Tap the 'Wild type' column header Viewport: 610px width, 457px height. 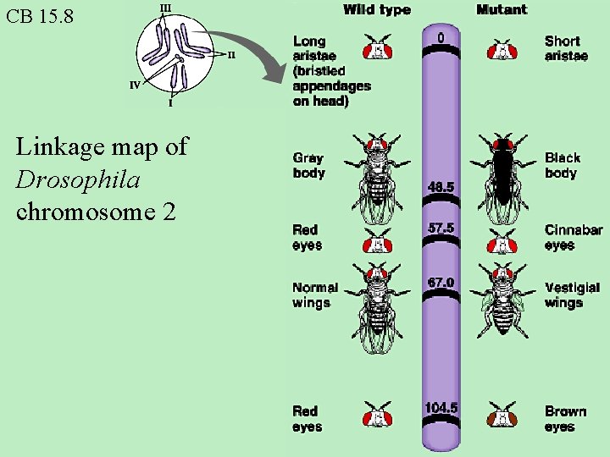tap(376, 10)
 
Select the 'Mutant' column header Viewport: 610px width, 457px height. tap(501, 10)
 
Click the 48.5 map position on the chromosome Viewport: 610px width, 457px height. tap(441, 187)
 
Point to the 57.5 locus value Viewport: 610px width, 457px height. tap(441, 228)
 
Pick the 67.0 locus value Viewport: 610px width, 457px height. tap(441, 282)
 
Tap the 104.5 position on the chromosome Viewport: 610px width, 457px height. tap(441, 408)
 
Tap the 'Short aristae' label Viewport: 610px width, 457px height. tap(566, 48)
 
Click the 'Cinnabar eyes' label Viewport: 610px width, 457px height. tap(573, 237)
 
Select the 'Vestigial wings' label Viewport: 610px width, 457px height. tap(572, 295)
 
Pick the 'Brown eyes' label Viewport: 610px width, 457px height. tap(565, 419)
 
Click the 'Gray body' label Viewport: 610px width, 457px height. tap(308, 165)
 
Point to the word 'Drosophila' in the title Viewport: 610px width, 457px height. tap(78, 179)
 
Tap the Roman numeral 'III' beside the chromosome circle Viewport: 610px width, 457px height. tap(164, 8)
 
